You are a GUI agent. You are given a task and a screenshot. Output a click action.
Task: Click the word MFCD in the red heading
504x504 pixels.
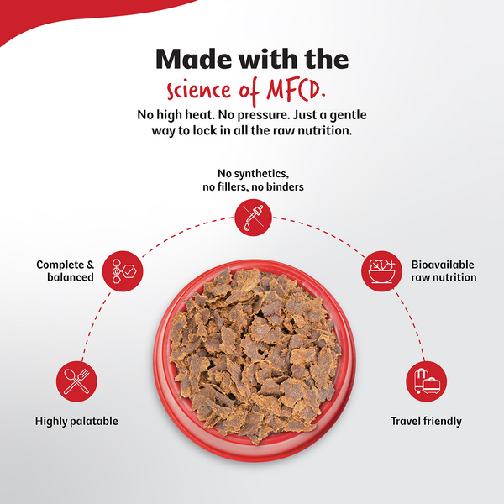pos(296,90)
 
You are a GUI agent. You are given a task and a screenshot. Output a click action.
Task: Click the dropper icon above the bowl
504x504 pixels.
pos(254,218)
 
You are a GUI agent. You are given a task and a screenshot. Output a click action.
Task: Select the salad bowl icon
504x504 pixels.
pos(381,271)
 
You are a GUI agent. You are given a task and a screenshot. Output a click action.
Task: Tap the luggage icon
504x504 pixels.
pos(427,381)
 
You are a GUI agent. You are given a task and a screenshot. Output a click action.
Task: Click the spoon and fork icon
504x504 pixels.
pos(76,381)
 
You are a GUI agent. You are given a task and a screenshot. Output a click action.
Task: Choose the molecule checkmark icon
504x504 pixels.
pos(123,271)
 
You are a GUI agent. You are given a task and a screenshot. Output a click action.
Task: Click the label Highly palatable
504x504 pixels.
pos(76,421)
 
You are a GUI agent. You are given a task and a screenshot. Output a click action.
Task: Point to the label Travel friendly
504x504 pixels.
pos(426,421)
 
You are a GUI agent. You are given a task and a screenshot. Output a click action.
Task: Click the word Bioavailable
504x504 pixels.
pos(443,265)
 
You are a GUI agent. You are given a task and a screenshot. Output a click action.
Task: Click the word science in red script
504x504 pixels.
pos(198,91)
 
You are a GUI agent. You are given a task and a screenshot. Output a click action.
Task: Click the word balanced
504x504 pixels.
pos(71,277)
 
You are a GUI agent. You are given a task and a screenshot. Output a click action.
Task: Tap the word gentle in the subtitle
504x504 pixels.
pos(349,115)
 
